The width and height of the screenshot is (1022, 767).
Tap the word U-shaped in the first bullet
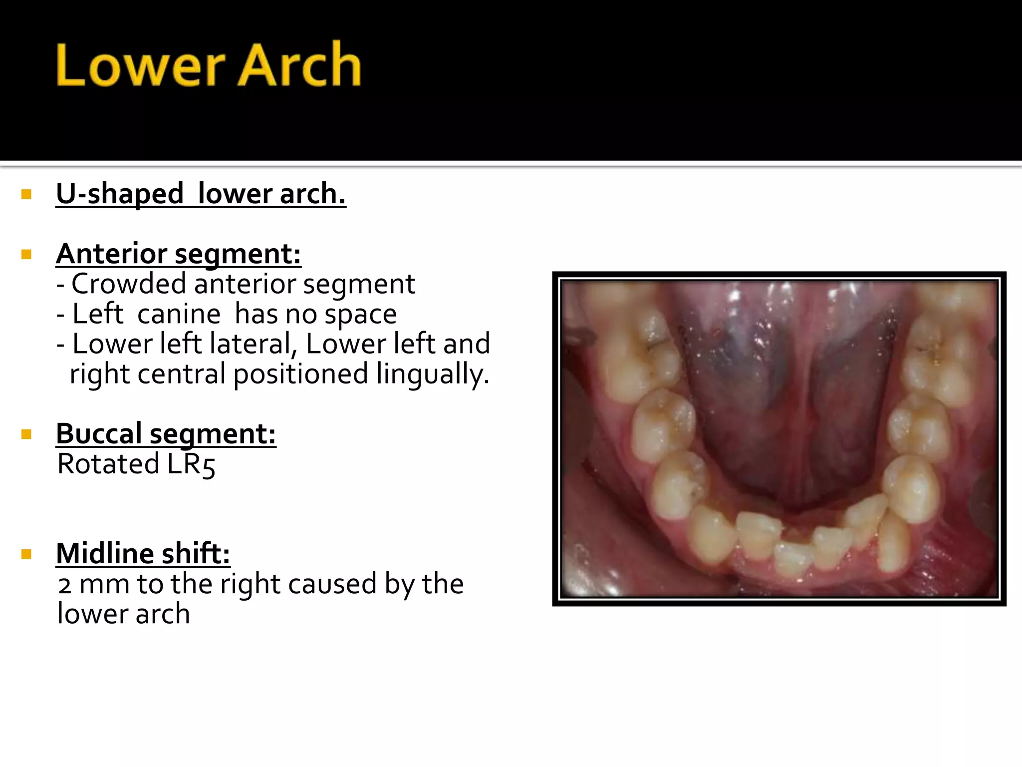120,194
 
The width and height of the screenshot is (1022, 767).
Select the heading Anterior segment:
178,254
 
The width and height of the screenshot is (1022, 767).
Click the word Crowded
129,284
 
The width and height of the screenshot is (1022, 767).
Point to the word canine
179,314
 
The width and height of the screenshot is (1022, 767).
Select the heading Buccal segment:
166,433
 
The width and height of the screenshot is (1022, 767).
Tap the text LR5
191,464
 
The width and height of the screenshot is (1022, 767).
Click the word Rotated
108,464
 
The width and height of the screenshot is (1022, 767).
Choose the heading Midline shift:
143,553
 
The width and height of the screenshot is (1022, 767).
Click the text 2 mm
94,584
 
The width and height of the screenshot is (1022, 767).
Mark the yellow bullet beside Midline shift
26,554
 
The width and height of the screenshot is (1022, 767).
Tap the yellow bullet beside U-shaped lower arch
26,194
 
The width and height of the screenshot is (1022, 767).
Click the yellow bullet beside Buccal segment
26,434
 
